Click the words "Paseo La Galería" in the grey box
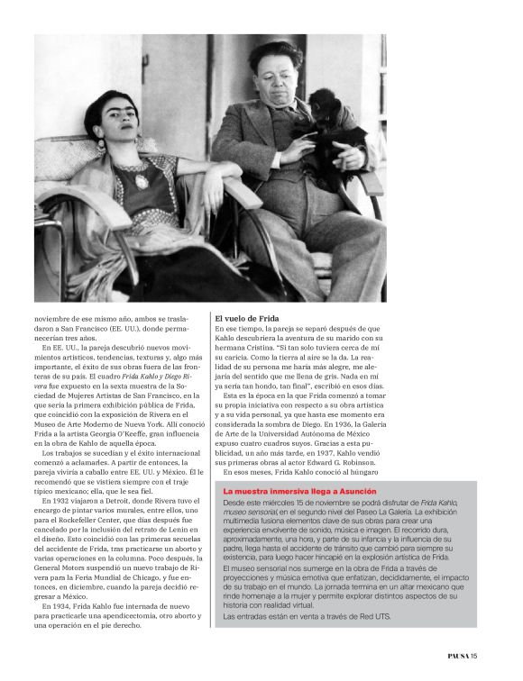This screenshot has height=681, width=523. pyautogui.click(x=433, y=511)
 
